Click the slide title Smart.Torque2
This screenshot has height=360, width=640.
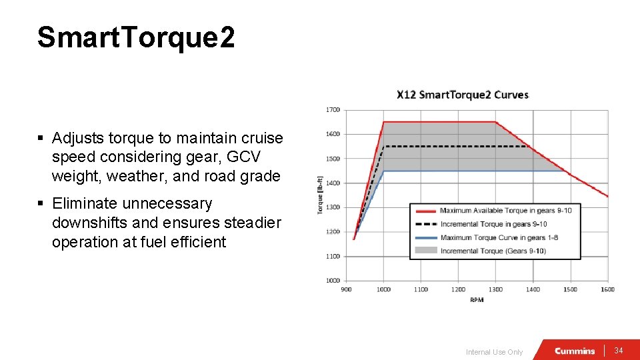(136, 37)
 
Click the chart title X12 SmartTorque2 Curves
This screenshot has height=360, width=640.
(462, 95)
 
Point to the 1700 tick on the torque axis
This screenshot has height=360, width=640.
(333, 109)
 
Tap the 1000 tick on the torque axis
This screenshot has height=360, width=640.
(333, 281)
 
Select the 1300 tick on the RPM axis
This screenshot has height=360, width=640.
(495, 289)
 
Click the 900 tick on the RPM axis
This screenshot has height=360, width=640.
(347, 289)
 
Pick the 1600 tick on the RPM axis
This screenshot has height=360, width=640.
(607, 289)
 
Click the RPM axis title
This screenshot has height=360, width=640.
(477, 300)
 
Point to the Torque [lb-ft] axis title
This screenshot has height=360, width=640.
(321, 195)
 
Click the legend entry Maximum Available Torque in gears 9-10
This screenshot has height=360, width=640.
(505, 211)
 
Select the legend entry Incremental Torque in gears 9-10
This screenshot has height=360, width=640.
(493, 224)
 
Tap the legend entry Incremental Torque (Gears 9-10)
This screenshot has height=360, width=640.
(493, 251)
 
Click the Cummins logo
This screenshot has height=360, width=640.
(574, 351)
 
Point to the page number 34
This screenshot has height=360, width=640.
(619, 351)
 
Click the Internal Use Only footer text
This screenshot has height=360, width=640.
(494, 352)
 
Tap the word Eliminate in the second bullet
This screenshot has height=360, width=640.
(85, 203)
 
